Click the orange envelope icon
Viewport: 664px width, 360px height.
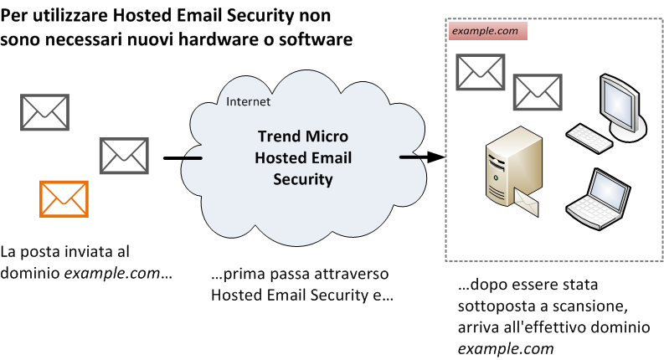click(x=64, y=199)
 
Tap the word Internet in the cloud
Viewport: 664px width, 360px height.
click(x=249, y=102)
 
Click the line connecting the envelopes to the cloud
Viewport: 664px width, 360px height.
click(x=182, y=158)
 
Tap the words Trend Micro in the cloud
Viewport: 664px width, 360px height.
click(x=302, y=136)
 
